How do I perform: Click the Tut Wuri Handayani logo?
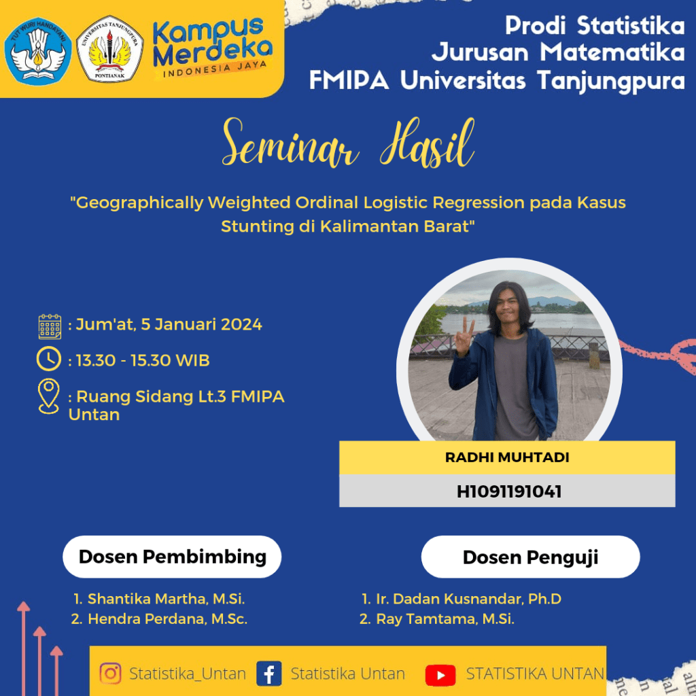38,50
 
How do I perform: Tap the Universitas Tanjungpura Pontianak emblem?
109,50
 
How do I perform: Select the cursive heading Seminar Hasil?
349,143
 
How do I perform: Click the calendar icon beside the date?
50,327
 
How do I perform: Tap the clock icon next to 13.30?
49,359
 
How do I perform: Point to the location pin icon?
49,396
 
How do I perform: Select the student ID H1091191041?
509,491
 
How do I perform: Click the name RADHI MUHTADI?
507,457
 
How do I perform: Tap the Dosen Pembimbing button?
172,557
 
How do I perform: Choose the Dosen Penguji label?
530,557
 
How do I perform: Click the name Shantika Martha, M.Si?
166,599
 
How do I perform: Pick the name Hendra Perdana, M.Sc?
167,619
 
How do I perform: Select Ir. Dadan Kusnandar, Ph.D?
469,599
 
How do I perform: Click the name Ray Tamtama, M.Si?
445,619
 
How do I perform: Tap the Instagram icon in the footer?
111,674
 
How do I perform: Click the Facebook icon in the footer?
269,674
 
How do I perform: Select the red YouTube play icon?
440,675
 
